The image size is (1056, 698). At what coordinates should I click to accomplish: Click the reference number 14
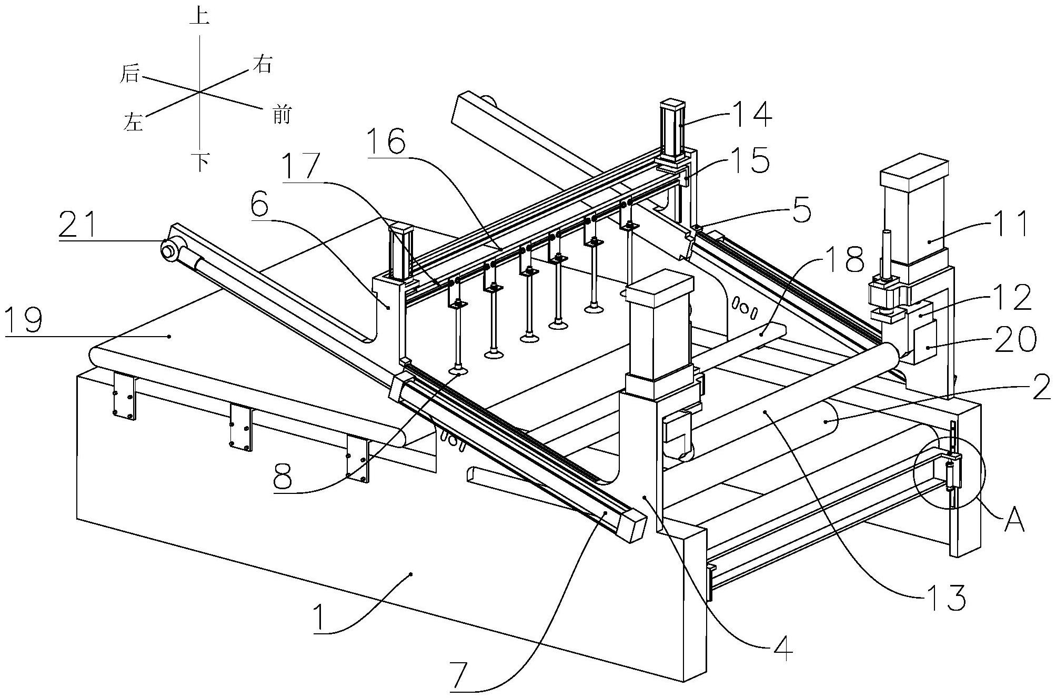(749, 114)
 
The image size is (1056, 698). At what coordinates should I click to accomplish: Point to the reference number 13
(946, 598)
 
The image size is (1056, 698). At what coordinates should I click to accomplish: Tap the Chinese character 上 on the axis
(199, 16)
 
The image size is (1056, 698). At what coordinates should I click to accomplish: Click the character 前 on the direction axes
(281, 114)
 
